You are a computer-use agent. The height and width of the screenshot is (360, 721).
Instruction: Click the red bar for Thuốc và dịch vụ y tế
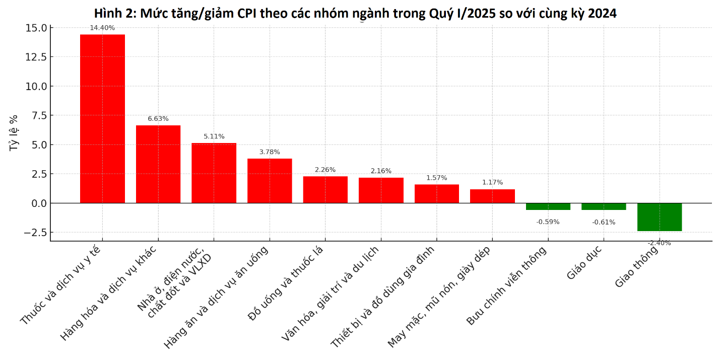(102, 119)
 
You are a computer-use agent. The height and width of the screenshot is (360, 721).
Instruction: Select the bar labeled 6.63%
(158, 164)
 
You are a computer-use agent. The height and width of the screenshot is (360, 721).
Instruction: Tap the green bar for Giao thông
(659, 217)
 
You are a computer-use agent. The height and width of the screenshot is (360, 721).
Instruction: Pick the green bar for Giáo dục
(604, 206)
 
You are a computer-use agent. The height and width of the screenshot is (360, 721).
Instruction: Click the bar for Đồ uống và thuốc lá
(325, 189)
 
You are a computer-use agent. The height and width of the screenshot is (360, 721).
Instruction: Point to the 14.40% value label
(102, 28)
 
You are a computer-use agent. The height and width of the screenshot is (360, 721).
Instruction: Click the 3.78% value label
(270, 152)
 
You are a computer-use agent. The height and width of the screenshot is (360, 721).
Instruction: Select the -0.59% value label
(548, 222)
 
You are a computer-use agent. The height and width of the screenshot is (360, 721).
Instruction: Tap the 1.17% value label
(492, 182)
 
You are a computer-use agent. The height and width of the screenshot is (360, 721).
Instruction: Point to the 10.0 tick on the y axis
(36, 86)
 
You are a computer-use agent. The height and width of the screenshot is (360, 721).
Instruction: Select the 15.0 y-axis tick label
(36, 28)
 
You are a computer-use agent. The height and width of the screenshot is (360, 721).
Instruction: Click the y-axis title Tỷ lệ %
(14, 132)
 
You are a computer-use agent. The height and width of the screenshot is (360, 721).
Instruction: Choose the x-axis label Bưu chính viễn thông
(506, 286)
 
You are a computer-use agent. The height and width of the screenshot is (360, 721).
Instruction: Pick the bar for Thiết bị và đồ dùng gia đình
(437, 194)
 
